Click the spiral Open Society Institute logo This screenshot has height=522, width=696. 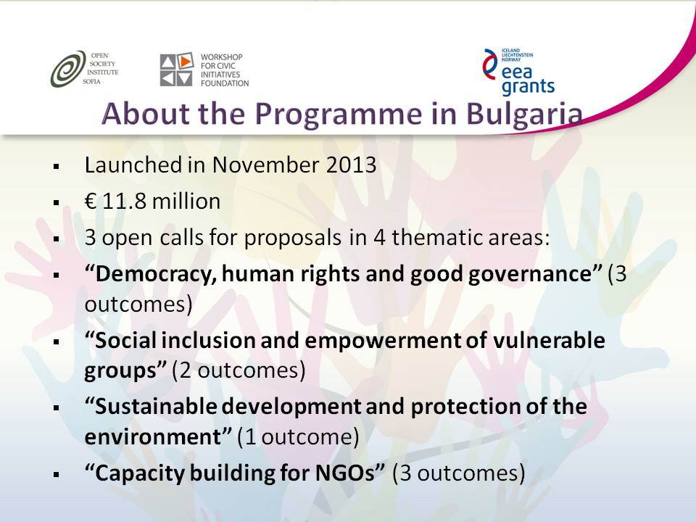click(x=68, y=68)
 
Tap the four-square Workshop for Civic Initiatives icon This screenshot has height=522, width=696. click(x=177, y=70)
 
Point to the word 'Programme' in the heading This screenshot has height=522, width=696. click(x=338, y=114)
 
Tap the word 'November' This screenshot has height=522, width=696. click(x=265, y=165)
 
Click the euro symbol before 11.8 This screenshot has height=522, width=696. click(x=91, y=201)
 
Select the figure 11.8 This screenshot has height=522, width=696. click(x=124, y=201)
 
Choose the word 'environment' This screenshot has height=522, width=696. click(x=153, y=436)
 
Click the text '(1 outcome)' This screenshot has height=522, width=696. click(x=298, y=437)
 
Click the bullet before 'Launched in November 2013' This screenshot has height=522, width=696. click(x=57, y=167)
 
